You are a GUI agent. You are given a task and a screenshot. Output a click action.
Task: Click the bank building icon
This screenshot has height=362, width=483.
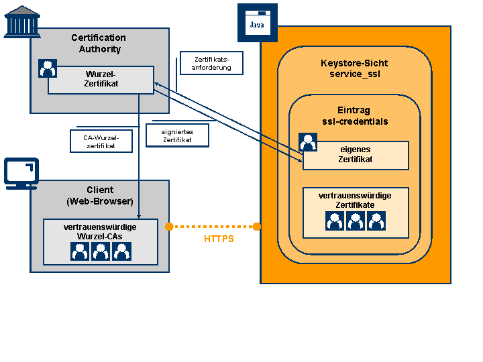pos(22,21)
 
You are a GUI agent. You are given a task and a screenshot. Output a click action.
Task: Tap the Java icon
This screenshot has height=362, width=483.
pos(258,23)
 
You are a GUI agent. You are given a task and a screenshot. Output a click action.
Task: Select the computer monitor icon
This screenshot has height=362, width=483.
pos(21,174)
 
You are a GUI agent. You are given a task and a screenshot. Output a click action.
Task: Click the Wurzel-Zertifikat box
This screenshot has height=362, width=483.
pos(101,80)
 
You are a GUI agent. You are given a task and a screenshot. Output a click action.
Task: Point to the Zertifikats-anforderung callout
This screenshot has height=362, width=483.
pos(211,63)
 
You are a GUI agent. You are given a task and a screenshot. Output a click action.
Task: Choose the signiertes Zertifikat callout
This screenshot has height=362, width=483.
pos(177,135)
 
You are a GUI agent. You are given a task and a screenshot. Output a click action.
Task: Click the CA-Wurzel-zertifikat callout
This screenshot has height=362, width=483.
pos(101,141)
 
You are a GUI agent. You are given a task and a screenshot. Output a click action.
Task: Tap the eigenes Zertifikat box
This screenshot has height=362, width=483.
pos(356,156)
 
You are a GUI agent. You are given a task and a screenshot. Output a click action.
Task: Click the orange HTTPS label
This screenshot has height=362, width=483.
pos(219,239)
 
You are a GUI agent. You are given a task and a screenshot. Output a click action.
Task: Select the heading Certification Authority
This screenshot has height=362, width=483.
pos(99,43)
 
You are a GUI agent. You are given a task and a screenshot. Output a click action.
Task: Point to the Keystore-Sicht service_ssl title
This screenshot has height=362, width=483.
pos(354,68)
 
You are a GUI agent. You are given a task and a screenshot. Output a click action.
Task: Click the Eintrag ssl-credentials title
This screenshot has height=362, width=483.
pos(355,116)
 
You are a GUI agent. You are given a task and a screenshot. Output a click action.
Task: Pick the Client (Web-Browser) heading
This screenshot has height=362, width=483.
pos(100,196)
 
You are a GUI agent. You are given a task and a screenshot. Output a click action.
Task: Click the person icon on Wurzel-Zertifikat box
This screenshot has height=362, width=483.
pos(48,68)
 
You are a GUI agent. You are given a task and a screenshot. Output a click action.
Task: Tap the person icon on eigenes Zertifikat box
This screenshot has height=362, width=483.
pos(308,142)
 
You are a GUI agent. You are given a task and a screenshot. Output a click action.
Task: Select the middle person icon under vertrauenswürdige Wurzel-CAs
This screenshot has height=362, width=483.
pos(101,251)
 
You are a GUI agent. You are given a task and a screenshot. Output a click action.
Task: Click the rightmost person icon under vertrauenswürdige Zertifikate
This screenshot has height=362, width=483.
pos(376,221)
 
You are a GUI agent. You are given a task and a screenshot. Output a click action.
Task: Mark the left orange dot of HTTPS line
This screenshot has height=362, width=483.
pos(169,227)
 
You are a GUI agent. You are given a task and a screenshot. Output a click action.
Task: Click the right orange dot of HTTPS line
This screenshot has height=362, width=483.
pos(257,227)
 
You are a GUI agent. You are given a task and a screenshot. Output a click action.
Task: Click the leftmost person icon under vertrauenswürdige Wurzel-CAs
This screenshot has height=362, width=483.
pos(80,251)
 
